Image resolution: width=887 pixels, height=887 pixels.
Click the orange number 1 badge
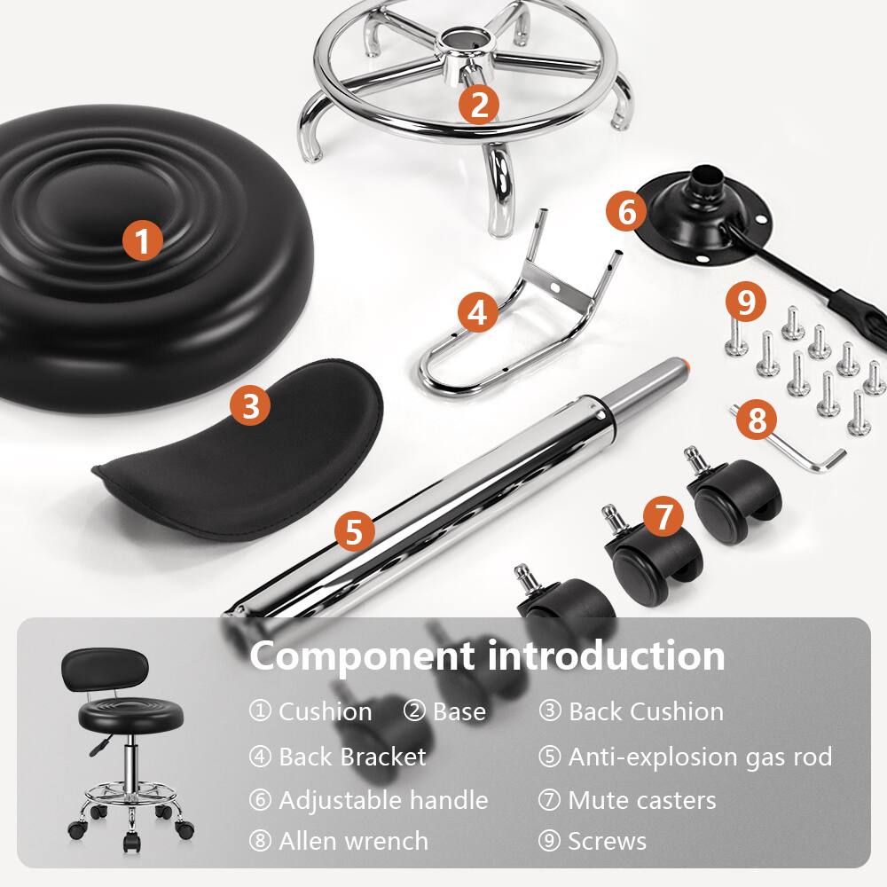[142, 240]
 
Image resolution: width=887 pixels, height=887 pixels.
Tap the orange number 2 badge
[479, 106]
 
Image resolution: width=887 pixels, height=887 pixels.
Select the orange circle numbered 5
[355, 532]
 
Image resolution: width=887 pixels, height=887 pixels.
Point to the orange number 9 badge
[746, 303]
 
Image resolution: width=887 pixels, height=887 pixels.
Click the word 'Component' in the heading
[362, 656]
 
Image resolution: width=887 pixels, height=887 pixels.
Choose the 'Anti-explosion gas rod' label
[700, 757]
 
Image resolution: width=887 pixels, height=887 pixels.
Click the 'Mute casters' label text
[641, 800]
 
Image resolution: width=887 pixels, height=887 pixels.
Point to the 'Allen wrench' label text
[353, 841]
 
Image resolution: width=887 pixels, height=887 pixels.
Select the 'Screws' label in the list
[607, 841]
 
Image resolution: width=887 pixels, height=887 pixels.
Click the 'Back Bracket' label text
[352, 757]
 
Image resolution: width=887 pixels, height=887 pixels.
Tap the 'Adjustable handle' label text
[383, 800]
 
